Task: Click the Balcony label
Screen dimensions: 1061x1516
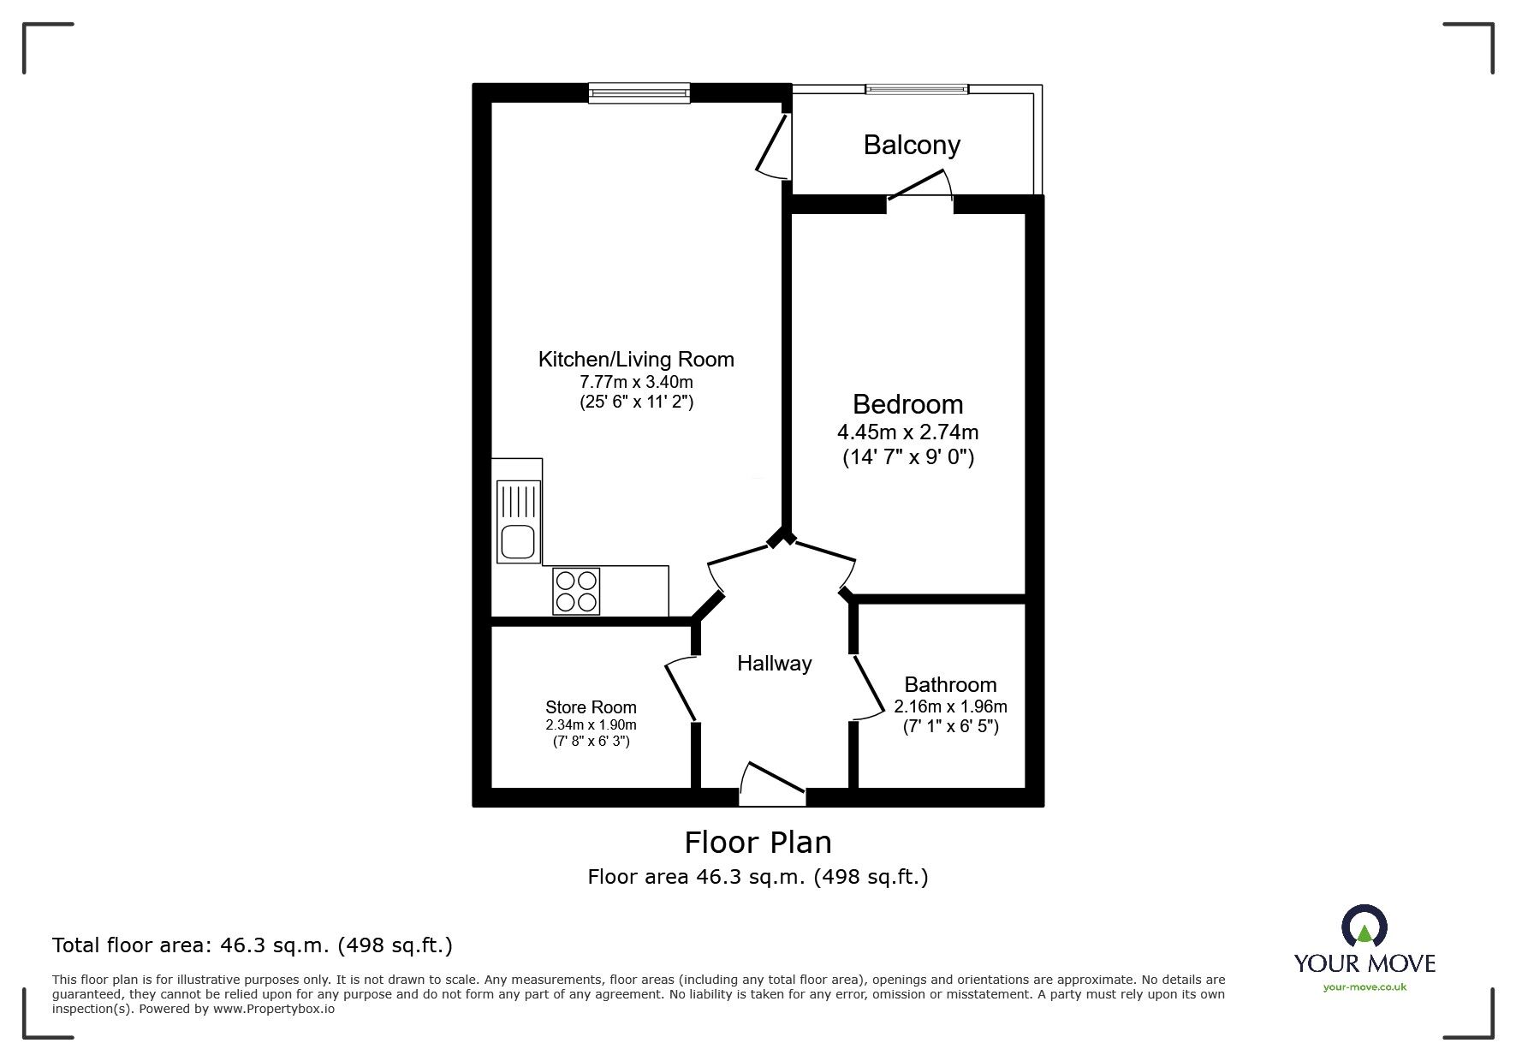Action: click(x=911, y=145)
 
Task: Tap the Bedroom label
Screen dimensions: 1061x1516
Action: click(x=907, y=404)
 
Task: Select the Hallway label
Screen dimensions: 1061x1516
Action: click(x=774, y=664)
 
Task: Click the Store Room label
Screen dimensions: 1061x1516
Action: click(x=591, y=707)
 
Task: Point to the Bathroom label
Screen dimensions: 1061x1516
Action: click(x=950, y=684)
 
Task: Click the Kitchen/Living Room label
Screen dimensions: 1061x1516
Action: click(x=636, y=360)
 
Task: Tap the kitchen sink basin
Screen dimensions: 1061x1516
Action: click(x=518, y=542)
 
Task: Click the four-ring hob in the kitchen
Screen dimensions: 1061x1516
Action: click(x=576, y=591)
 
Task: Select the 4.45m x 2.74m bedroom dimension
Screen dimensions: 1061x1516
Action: click(x=907, y=432)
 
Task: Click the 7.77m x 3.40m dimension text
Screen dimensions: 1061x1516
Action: click(x=636, y=382)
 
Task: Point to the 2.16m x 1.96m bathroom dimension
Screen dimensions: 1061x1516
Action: click(x=950, y=706)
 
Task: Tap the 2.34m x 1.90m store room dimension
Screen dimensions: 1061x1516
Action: click(x=591, y=724)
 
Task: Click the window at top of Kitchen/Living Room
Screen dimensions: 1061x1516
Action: click(x=639, y=92)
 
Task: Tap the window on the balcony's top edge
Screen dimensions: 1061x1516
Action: click(x=917, y=88)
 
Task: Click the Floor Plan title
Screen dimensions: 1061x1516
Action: click(x=758, y=843)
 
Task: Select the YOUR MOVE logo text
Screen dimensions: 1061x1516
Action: click(x=1364, y=963)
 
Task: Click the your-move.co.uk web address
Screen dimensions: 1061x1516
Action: click(x=1364, y=987)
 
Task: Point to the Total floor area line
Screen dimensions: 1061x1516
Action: click(x=253, y=945)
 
